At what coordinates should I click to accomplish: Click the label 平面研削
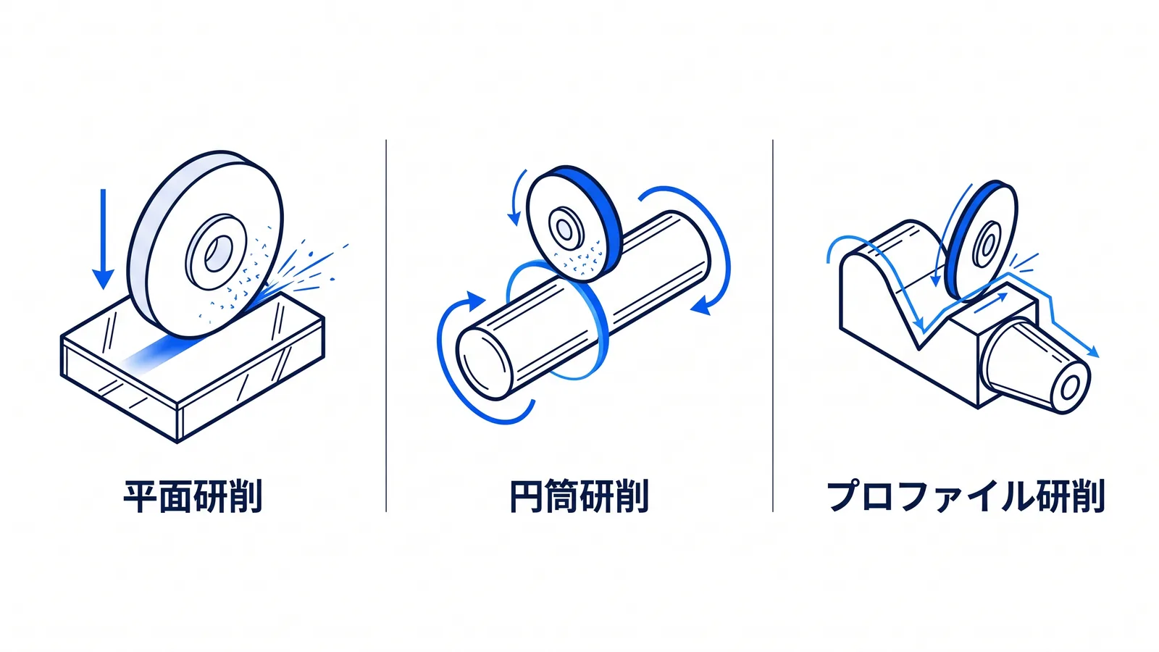[x=193, y=496]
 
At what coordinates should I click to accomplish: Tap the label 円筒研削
[x=579, y=496]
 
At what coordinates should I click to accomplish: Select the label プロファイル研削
[x=966, y=496]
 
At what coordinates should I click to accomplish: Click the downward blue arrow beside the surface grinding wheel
[x=103, y=239]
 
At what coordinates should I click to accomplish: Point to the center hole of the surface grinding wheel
[x=218, y=253]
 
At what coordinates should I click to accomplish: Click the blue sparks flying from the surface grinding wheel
[x=305, y=269]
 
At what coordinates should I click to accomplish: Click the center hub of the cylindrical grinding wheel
[x=566, y=229]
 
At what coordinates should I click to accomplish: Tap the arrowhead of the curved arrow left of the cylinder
[x=475, y=301]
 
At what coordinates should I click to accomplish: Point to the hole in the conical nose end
[x=1069, y=387]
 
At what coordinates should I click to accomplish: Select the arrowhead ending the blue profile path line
[x=1093, y=352]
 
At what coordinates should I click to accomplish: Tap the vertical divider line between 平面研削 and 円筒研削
[x=386, y=325]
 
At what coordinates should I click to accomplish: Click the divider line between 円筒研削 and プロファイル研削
[x=773, y=325]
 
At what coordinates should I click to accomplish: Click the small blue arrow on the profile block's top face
[x=991, y=303]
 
